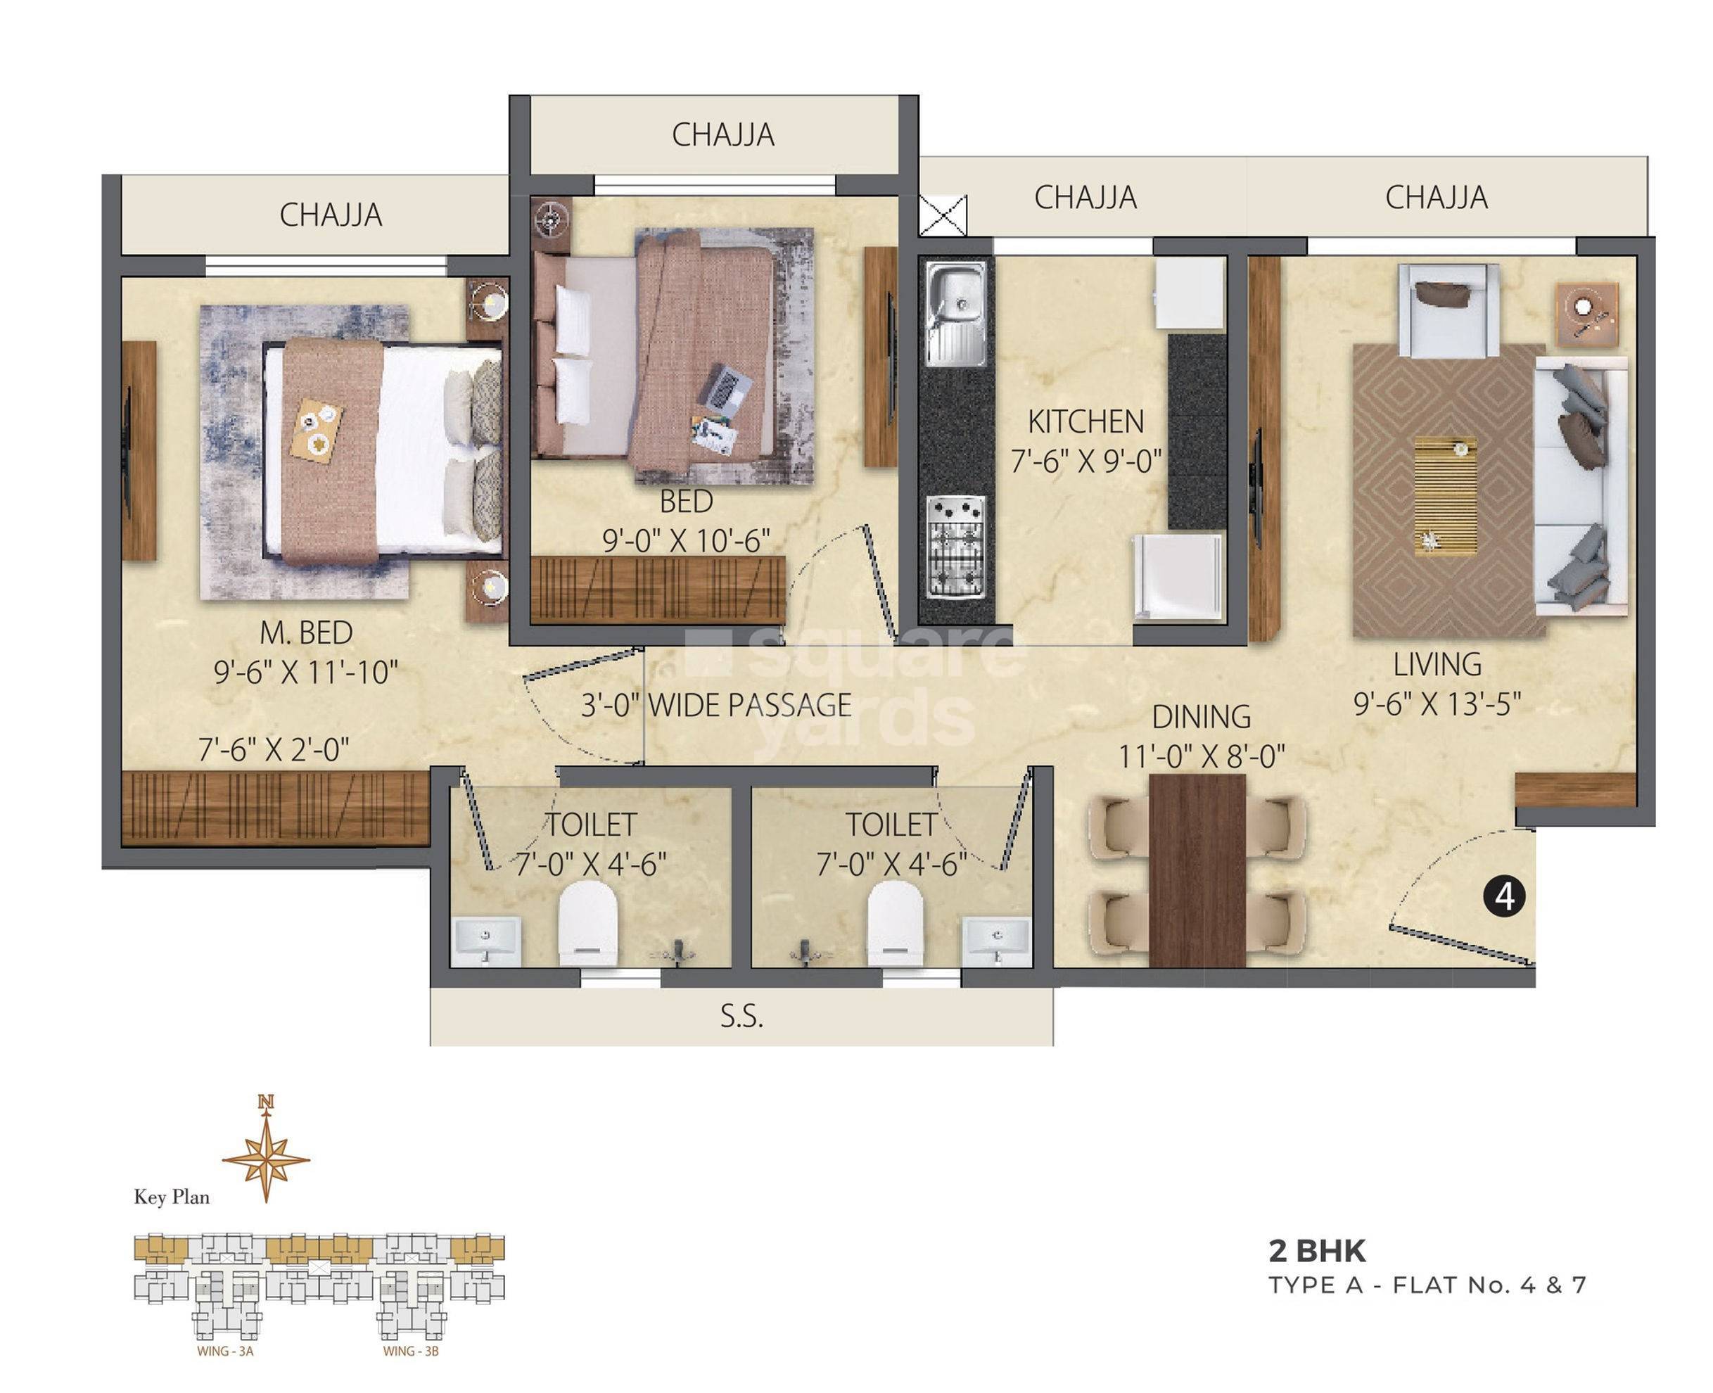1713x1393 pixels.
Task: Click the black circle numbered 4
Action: [1503, 896]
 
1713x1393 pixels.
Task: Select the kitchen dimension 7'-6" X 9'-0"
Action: [1085, 462]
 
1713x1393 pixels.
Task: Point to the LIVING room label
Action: [1437, 664]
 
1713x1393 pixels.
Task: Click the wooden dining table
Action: [1197, 871]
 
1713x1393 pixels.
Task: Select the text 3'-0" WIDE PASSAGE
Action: [715, 706]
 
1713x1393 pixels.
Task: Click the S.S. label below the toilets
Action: [741, 1017]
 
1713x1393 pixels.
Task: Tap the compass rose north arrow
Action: [266, 1158]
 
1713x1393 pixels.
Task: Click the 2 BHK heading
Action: [1317, 1250]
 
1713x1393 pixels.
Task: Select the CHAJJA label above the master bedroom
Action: [331, 215]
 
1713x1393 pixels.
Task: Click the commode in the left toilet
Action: [587, 923]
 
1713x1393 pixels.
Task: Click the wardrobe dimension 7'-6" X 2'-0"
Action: [274, 750]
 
